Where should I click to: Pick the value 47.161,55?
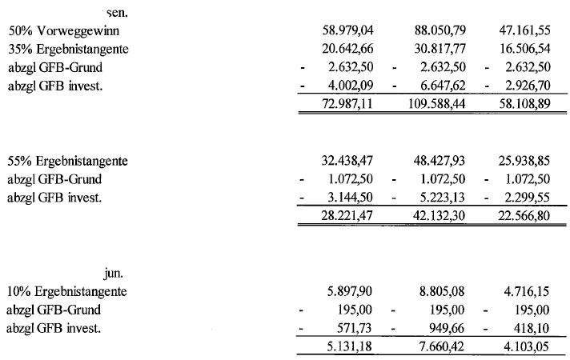(x=525, y=33)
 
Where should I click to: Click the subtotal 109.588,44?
(x=435, y=104)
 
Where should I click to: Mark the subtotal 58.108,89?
(x=525, y=104)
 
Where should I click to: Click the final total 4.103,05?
(x=528, y=345)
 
